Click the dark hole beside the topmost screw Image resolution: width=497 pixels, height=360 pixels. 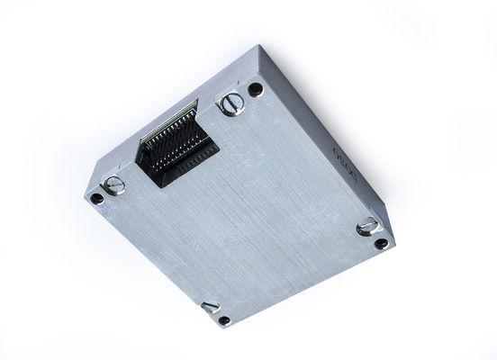[256, 88]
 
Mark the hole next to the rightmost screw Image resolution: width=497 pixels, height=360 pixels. [382, 243]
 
